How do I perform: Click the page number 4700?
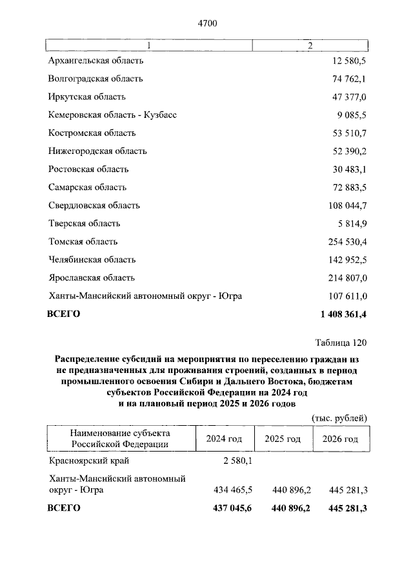point(207,24)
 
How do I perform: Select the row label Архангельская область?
point(96,61)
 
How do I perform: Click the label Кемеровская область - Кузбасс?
point(112,115)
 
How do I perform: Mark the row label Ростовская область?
point(88,169)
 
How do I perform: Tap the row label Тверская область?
point(84,224)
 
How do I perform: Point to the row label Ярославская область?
point(92,278)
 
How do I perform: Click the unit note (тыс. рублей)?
point(339,417)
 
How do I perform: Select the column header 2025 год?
point(283,439)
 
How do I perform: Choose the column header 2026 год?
point(340,439)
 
